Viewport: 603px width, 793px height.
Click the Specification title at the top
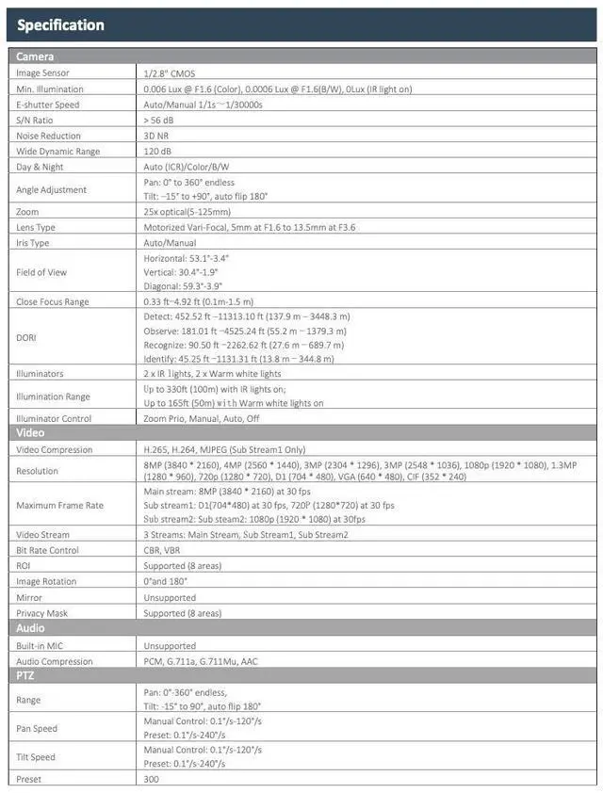coord(60,24)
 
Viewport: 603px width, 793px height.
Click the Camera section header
coord(36,57)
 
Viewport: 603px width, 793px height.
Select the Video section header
coord(32,433)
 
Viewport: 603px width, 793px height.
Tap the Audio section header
coord(32,628)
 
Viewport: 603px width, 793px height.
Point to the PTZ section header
coord(25,675)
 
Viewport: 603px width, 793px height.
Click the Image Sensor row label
coord(43,73)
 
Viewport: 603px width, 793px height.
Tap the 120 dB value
coord(157,152)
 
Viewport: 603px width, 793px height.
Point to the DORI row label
coord(26,337)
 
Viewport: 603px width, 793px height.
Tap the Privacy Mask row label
coord(42,613)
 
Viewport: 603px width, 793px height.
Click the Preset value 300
coord(152,780)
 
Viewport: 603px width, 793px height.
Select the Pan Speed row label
coord(37,729)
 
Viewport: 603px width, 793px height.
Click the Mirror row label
coord(29,597)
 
